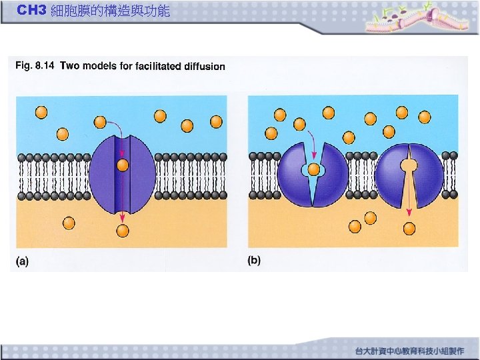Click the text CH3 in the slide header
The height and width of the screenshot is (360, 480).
[31, 11]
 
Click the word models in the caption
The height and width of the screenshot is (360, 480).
[99, 65]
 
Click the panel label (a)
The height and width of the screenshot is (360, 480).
[23, 261]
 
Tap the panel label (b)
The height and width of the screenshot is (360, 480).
[254, 260]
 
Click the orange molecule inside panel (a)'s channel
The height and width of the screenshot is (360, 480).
[122, 165]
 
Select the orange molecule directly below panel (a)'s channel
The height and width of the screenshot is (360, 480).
[122, 231]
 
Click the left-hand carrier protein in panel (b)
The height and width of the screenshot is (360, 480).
[329, 177]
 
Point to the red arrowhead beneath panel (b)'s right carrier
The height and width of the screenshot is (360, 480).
[409, 211]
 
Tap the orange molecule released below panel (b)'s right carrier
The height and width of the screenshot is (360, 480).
[409, 229]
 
